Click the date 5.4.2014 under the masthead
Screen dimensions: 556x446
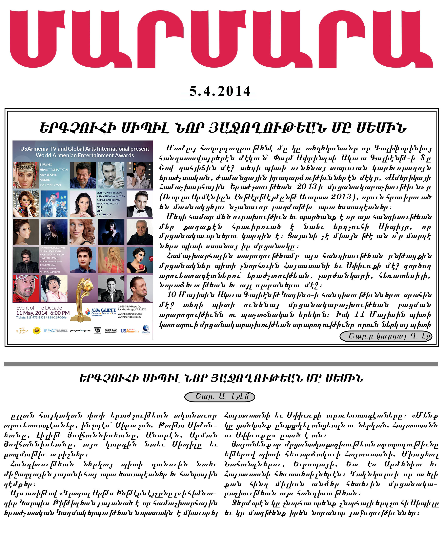tap(220, 91)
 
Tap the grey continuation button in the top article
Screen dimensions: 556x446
tap(386, 336)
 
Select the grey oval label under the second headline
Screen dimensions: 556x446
tap(220, 397)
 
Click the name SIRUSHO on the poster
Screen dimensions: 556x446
tap(46, 164)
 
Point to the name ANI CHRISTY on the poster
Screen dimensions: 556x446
tap(104, 214)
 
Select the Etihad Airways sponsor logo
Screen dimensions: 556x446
tap(22, 331)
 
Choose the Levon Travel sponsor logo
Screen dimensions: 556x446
tap(55, 331)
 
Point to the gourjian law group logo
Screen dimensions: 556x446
tap(80, 331)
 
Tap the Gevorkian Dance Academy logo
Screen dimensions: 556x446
tap(111, 331)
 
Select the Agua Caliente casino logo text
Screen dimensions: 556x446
tap(103, 310)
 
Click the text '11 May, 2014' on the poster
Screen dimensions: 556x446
tap(32, 313)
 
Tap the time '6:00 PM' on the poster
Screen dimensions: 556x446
tap(60, 313)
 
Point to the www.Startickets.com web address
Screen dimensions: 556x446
tap(129, 317)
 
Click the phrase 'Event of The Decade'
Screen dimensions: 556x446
tap(39, 308)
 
